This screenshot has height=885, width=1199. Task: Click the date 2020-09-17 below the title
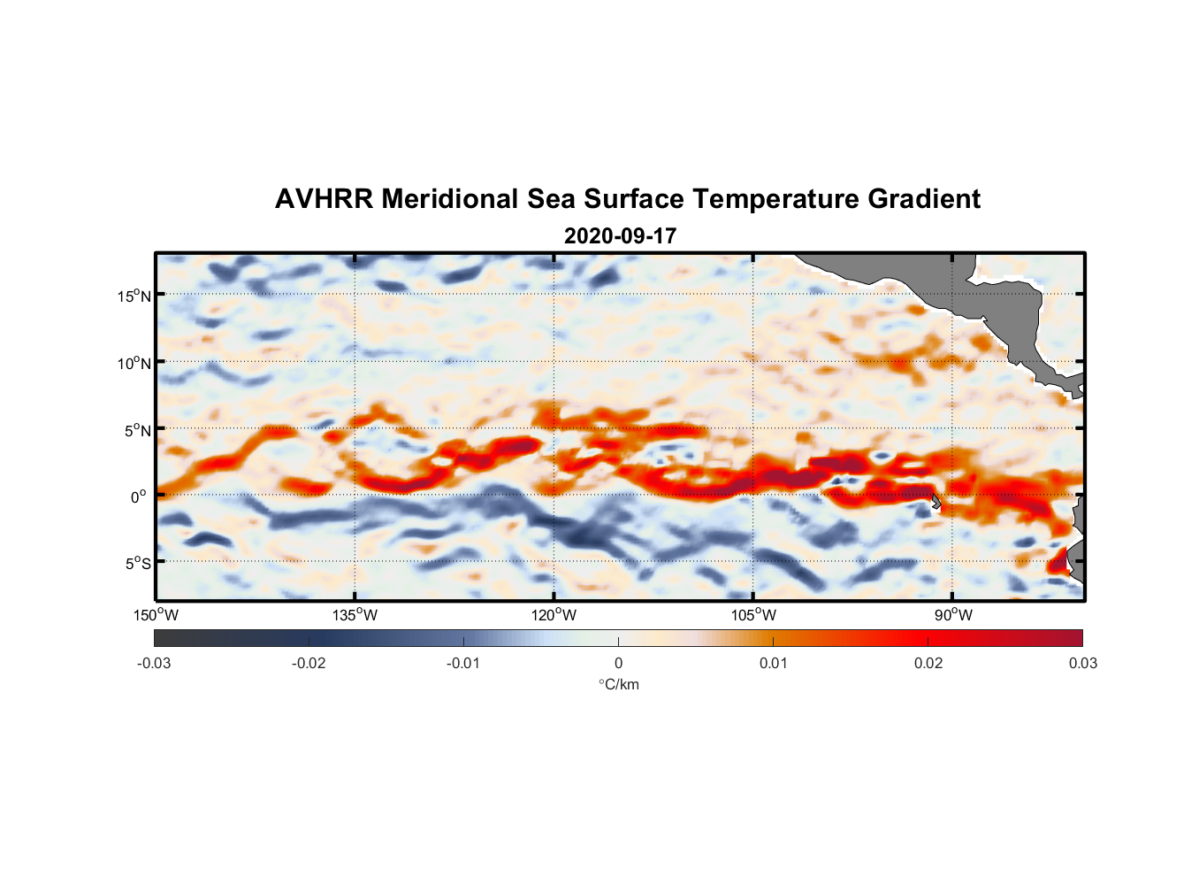(620, 236)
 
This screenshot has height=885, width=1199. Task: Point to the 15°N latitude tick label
(134, 296)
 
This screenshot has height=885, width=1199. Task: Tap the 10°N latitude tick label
(134, 363)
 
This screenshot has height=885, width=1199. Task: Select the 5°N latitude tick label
(137, 430)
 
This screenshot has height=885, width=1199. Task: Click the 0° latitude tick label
(139, 496)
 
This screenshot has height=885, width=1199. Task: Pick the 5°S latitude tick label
(137, 564)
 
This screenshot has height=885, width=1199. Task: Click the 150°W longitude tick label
(157, 615)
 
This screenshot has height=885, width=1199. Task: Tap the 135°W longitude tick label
(355, 615)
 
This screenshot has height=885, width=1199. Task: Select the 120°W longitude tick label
(554, 615)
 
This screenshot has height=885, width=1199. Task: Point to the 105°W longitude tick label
(753, 615)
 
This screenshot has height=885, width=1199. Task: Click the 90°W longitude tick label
(953, 615)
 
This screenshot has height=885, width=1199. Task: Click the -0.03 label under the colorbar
(154, 663)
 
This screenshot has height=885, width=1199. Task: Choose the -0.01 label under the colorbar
(463, 663)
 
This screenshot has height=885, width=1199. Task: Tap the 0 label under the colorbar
(618, 663)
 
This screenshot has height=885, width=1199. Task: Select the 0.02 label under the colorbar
(928, 663)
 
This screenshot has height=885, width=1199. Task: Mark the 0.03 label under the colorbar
(1082, 663)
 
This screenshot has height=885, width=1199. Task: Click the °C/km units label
(618, 684)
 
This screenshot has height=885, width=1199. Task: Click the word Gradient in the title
(924, 199)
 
